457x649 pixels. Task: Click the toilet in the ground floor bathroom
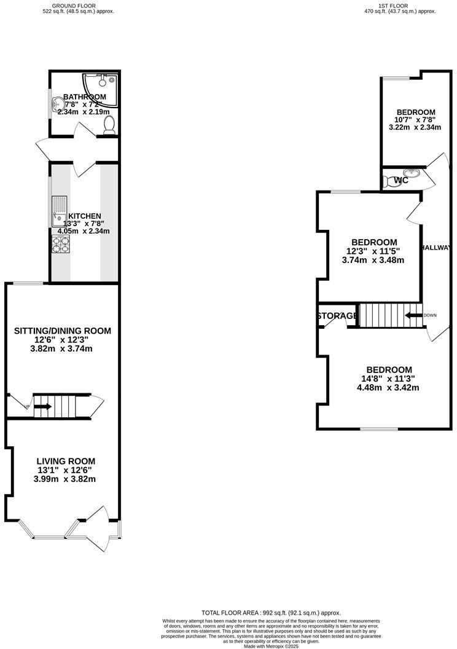click(110, 125)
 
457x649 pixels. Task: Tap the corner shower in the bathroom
click(103, 82)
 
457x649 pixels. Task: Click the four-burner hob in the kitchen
click(60, 245)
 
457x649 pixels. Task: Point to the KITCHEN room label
click(84, 216)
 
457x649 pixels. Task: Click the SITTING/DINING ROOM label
click(63, 331)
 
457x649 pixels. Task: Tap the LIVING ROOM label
click(66, 461)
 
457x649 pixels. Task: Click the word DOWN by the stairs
click(430, 315)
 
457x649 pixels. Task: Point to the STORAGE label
click(337, 316)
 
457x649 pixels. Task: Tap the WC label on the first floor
click(401, 180)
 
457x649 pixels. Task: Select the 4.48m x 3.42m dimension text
click(388, 387)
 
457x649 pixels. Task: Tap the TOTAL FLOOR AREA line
click(271, 613)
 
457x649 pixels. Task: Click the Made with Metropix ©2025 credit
click(271, 646)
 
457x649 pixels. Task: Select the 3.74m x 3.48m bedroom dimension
click(373, 260)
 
